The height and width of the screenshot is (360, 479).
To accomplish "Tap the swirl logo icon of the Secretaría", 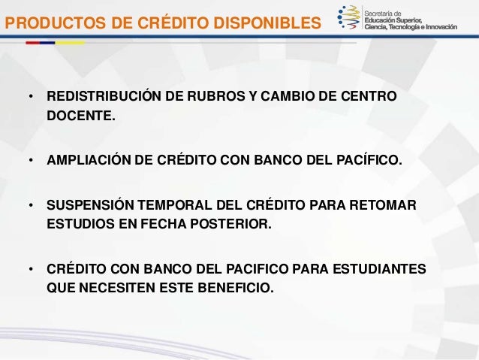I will [x=349, y=19].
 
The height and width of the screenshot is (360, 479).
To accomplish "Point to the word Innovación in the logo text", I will [x=453, y=28].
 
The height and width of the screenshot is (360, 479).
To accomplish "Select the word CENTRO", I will [x=369, y=99].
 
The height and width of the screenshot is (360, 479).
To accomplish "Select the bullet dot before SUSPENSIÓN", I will [x=29, y=206].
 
